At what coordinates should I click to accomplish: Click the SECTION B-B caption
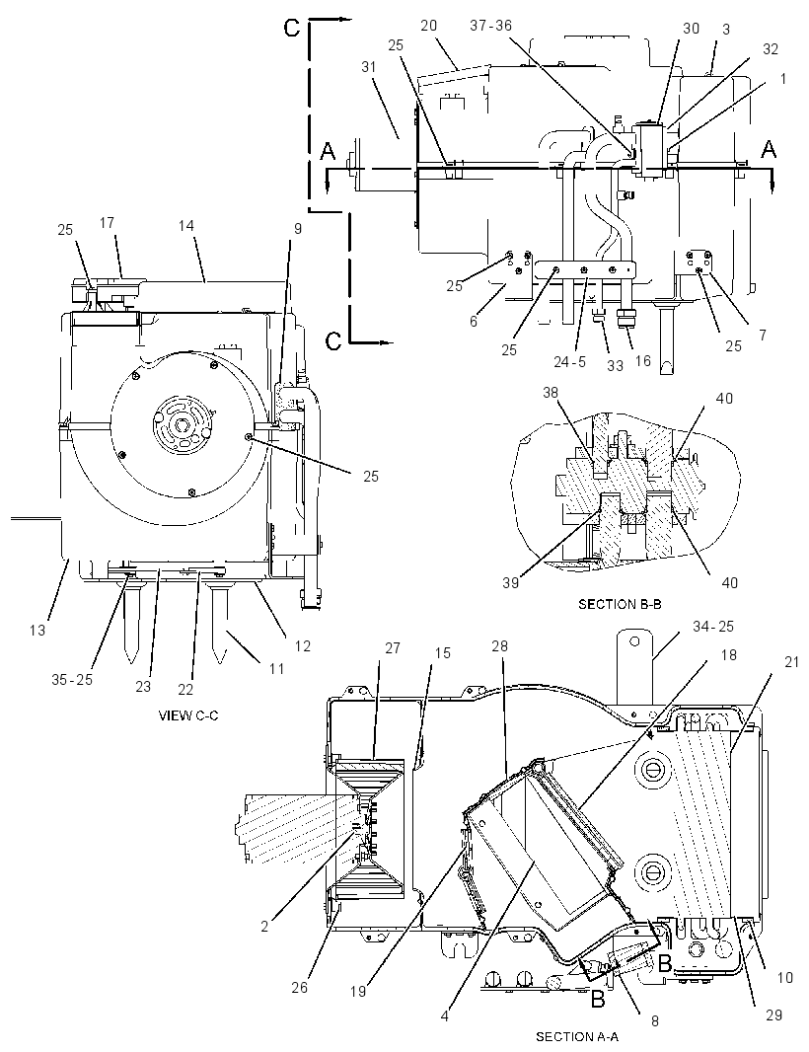620,604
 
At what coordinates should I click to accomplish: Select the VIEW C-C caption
187,715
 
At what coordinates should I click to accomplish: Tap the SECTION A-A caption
577,1036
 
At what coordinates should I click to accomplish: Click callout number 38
551,392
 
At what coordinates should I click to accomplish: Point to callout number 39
511,582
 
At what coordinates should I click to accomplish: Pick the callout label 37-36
491,26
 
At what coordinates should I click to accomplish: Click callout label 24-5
570,361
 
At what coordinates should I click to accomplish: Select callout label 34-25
713,626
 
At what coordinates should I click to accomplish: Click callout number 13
37,630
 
